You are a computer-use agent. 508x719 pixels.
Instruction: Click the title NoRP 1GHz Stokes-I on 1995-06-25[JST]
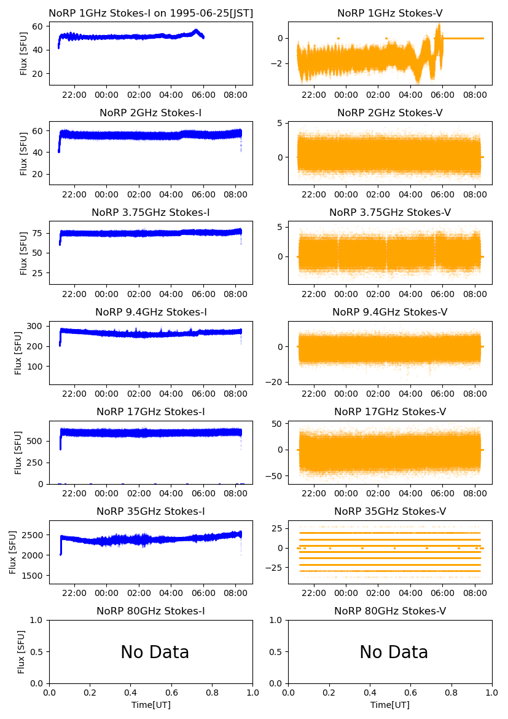150,13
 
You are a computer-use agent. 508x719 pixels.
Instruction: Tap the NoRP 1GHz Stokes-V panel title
390,13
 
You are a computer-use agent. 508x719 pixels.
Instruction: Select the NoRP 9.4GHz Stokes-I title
150,312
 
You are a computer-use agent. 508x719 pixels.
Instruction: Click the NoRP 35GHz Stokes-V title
390,511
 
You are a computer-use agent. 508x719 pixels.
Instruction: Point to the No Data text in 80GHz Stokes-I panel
155,652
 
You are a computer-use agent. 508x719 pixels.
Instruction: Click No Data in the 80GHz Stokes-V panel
394,652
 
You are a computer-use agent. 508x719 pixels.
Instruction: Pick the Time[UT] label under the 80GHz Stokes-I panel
150,705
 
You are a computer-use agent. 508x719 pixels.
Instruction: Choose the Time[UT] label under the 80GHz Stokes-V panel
390,705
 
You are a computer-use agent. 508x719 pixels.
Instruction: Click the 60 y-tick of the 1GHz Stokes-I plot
36,26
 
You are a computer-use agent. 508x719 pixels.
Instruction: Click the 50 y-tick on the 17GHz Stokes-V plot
278,424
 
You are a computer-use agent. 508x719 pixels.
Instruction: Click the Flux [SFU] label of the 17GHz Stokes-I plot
18,452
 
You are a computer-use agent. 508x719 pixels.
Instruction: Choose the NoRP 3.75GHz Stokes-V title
390,212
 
